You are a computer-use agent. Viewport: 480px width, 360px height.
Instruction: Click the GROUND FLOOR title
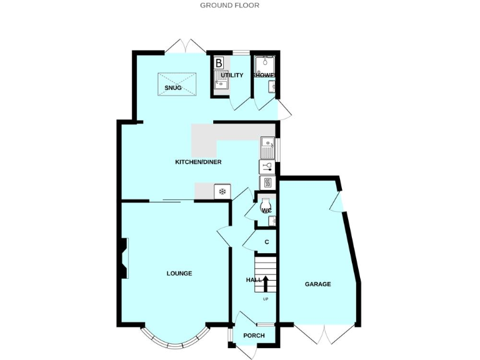click(x=229, y=5)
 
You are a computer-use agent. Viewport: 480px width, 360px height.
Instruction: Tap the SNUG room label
click(x=173, y=88)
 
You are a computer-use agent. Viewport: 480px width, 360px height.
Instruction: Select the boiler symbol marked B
click(x=219, y=63)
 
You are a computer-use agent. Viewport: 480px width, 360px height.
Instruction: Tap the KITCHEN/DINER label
click(x=197, y=162)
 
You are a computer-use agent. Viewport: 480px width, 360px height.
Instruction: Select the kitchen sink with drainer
click(x=267, y=147)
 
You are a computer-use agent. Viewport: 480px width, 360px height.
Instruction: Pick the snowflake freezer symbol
click(x=222, y=191)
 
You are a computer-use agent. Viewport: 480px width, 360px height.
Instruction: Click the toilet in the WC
click(x=266, y=205)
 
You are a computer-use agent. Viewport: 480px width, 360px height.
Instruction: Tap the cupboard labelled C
click(x=266, y=242)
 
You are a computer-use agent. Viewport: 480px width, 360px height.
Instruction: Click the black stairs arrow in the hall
click(x=266, y=283)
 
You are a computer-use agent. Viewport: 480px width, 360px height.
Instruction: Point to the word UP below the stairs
click(x=266, y=299)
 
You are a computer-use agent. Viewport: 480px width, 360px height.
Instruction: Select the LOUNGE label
click(x=179, y=273)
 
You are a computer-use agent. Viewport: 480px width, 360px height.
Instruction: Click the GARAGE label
click(x=317, y=284)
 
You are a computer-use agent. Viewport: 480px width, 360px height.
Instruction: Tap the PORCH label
click(x=254, y=336)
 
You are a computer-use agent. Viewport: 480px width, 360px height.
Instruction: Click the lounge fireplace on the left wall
click(x=124, y=258)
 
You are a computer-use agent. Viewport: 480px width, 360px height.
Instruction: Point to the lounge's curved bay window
click(x=173, y=341)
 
